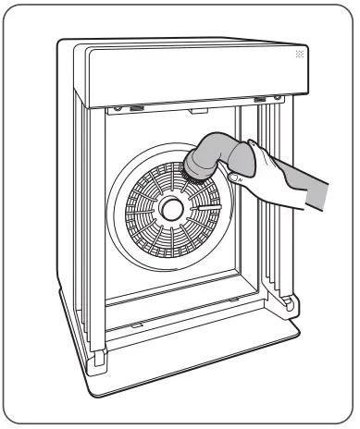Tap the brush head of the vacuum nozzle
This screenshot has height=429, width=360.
click(196, 166)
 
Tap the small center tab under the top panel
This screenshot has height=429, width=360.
click(197, 111)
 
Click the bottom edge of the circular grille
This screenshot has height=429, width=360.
click(172, 264)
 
